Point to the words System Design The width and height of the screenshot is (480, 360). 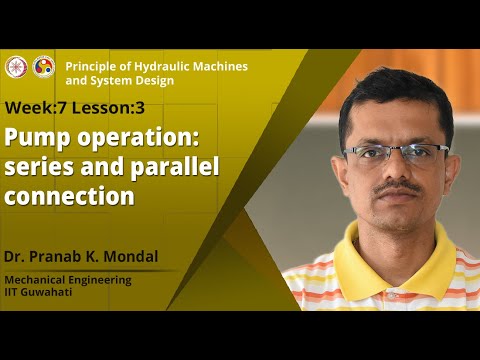click(x=128, y=80)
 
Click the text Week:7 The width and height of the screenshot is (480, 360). click(x=38, y=107)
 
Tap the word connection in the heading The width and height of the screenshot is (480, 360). click(x=70, y=195)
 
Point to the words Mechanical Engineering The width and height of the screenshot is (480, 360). click(x=68, y=280)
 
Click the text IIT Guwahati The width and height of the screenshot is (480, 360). click(x=40, y=293)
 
